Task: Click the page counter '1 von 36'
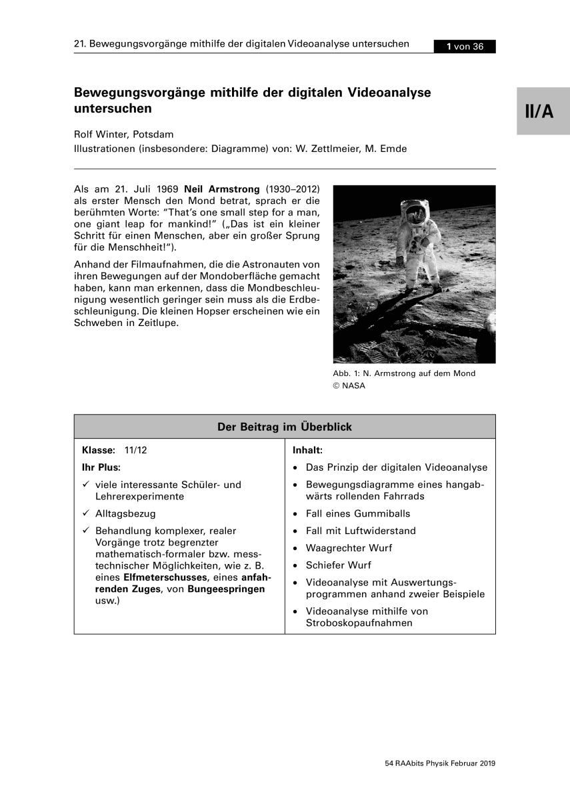pyautogui.click(x=464, y=47)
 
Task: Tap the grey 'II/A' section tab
pyautogui.click(x=539, y=111)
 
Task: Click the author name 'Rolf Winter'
pyautogui.click(x=103, y=134)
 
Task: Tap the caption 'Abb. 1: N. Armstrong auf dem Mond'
pyautogui.click(x=404, y=373)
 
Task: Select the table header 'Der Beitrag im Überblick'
pyautogui.click(x=285, y=427)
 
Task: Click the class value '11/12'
pyautogui.click(x=135, y=450)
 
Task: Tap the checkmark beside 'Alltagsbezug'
pyautogui.click(x=85, y=514)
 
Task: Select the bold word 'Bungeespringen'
pyautogui.click(x=227, y=589)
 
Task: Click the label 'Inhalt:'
pyautogui.click(x=307, y=450)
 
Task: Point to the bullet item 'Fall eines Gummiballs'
pyautogui.click(x=358, y=513)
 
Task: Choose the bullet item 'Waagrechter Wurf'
pyautogui.click(x=349, y=548)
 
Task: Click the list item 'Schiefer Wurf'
pyautogui.click(x=338, y=565)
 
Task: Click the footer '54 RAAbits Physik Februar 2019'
pyautogui.click(x=440, y=764)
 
